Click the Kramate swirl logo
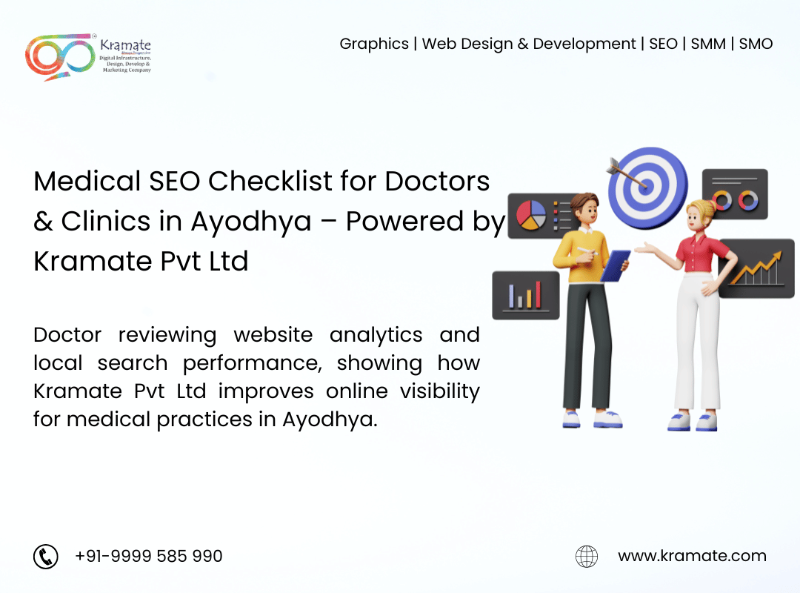pos(60,56)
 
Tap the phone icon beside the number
pos(46,556)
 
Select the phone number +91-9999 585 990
pos(148,556)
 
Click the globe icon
pos(587,556)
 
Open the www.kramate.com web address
pos(693,556)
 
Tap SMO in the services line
pos(756,44)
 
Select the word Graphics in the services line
pos(374,44)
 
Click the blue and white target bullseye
pos(648,187)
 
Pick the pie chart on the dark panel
pos(531,215)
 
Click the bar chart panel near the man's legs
pos(525,295)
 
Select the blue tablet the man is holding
pos(615,265)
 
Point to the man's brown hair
pos(585,201)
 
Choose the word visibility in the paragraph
pos(440,392)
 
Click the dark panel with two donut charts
pos(735,194)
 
